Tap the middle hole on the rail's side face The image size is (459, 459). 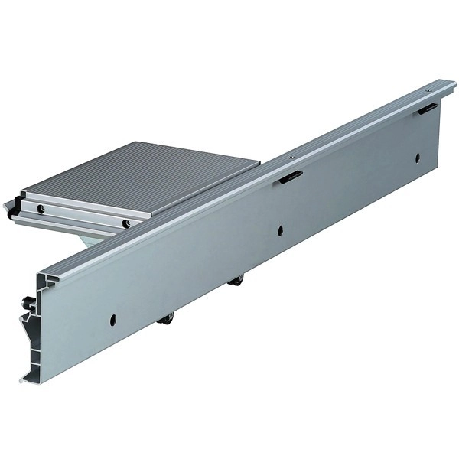pos(281,229)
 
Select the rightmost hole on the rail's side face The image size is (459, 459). pos(418,158)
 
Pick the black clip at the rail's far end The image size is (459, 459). pos(428,108)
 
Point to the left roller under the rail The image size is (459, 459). pos(165,319)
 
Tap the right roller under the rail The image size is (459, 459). pos(237,281)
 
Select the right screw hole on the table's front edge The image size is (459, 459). pos(125,224)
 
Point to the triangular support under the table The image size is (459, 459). pos(92,238)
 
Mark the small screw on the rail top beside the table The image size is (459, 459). pos(291,157)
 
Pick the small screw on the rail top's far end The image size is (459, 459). pos(428,90)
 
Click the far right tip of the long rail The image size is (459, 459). pos(454,81)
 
